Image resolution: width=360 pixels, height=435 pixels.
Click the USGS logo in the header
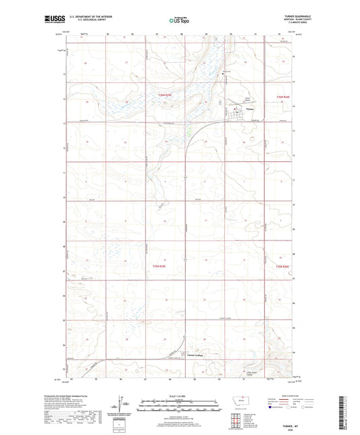52,21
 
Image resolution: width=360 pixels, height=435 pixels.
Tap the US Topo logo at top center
180,21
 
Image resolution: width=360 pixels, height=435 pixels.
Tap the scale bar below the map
179,401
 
